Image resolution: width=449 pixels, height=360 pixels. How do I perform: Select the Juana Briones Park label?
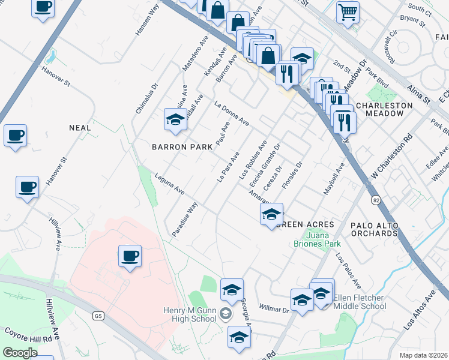317,239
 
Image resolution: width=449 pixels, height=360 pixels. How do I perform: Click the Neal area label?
80,128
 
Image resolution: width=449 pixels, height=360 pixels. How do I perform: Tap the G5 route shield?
99,316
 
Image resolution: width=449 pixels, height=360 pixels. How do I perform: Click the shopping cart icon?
348,12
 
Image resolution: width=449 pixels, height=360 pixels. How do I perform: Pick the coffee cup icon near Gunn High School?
130,257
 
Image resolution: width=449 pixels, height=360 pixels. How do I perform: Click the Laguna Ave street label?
169,184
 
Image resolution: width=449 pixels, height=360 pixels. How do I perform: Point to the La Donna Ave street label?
232,113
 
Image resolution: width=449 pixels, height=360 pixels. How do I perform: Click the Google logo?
20,353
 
